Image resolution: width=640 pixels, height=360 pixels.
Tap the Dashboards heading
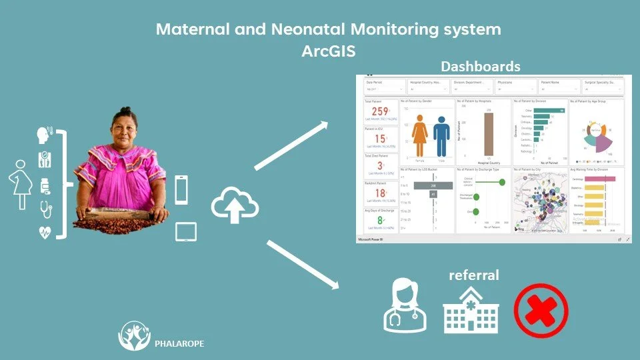480,67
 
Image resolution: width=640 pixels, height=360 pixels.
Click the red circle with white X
541,310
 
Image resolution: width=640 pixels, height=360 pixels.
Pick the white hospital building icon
471,310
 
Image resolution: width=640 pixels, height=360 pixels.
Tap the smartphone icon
181,189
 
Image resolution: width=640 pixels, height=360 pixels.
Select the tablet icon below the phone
185,231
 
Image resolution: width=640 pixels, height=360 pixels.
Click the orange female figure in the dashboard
419,137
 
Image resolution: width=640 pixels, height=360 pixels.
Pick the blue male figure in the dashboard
441,137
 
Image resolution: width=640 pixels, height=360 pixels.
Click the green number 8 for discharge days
380,219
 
